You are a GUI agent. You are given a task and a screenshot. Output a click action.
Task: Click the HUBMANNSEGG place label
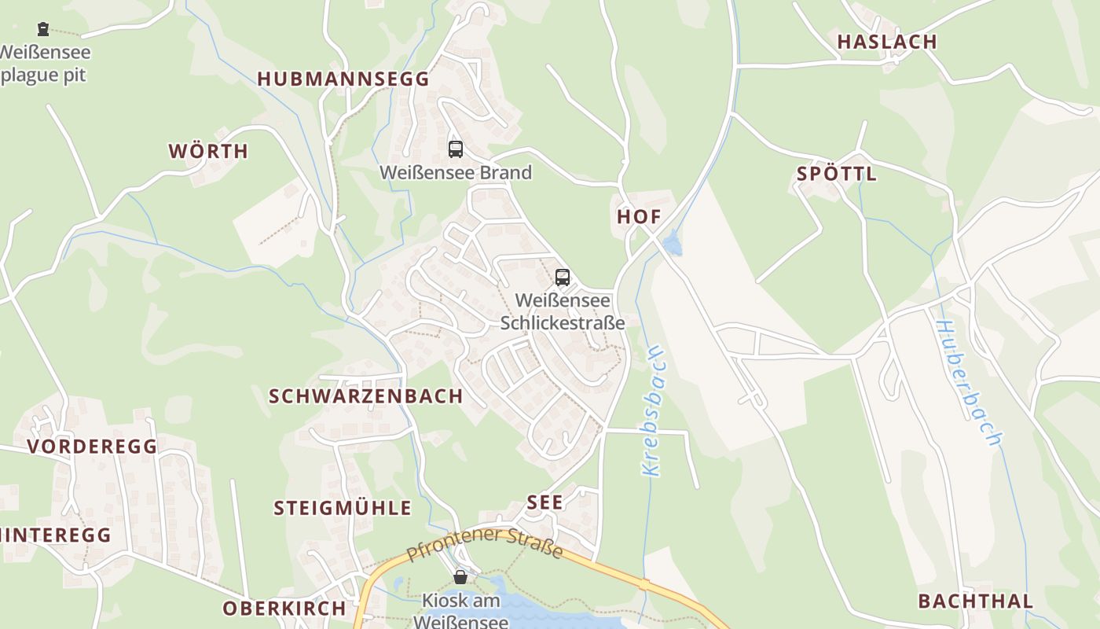pos(343,79)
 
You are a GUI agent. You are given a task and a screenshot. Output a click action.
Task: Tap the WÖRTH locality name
pos(208,151)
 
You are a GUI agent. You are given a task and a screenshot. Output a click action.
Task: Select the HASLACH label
pos(887,42)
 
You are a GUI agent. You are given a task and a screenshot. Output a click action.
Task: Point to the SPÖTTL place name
pos(837,174)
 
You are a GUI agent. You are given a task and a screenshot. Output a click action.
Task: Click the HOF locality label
pos(639,217)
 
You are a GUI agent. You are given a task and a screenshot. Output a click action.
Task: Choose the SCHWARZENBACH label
pos(366,396)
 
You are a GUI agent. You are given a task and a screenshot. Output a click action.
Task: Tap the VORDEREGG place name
pos(92,447)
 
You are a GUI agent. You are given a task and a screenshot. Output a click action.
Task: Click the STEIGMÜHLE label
pos(343,508)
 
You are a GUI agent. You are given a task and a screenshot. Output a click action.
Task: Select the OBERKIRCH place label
pos(284,609)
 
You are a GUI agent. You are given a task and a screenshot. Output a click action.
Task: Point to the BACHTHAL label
pos(976,601)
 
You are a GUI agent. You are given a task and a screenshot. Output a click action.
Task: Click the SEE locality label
pos(544,502)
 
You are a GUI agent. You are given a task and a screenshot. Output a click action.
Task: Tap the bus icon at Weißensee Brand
pos(455,149)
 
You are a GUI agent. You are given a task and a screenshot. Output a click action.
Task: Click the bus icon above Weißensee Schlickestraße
pos(562,277)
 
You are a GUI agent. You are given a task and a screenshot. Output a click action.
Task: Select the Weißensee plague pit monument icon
pos(43,29)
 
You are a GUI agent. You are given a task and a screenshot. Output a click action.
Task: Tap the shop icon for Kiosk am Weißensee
pos(460,577)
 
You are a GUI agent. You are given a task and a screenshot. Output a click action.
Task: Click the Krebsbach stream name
pos(654,412)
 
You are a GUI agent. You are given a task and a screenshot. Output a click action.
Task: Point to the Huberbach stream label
pos(969,384)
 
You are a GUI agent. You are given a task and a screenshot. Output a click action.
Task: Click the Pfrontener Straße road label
pos(485,544)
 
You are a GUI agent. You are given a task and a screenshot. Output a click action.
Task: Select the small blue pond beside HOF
pos(673,246)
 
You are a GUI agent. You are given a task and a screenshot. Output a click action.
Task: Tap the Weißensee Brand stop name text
pos(456,172)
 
